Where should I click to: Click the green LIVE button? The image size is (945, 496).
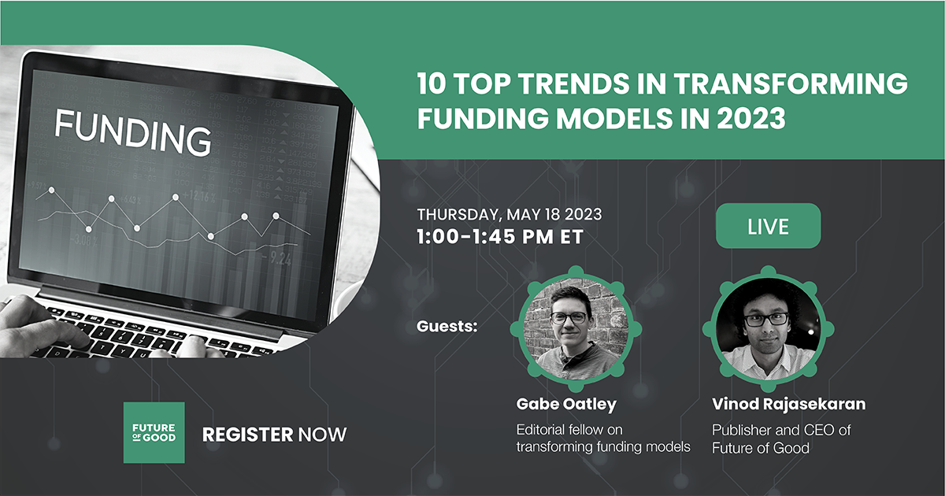click(x=769, y=226)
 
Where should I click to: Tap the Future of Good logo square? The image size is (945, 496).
click(x=154, y=432)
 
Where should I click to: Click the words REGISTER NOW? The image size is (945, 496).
click(x=274, y=435)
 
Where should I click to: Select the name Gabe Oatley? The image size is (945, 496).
click(x=566, y=404)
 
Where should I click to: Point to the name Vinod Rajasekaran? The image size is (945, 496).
click(x=788, y=404)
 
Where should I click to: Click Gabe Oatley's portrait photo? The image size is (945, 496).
click(x=576, y=329)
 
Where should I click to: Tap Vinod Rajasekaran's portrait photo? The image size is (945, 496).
click(x=769, y=329)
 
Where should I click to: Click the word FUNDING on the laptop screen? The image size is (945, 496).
click(x=133, y=132)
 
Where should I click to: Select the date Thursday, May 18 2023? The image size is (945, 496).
click(x=510, y=214)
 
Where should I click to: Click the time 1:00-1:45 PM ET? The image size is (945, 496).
click(x=500, y=236)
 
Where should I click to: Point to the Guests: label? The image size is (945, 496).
click(x=447, y=326)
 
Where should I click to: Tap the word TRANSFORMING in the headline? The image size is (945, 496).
click(x=791, y=83)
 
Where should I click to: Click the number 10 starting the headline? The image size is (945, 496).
click(x=432, y=83)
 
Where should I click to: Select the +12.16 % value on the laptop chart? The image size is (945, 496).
click(x=199, y=197)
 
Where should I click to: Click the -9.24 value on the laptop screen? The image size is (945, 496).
click(x=276, y=258)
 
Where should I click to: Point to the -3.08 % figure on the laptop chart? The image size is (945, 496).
click(x=83, y=241)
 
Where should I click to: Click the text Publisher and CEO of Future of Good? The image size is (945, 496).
click(x=781, y=439)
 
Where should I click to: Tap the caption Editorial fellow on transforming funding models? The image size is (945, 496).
click(x=603, y=438)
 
